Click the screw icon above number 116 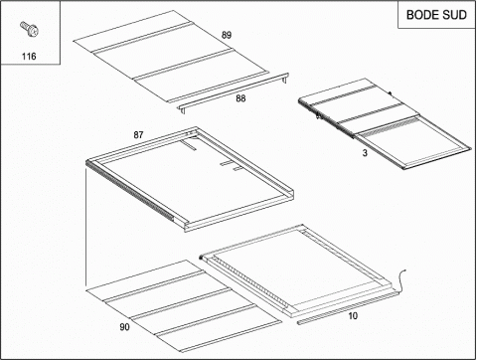click(29, 29)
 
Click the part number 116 click(29, 57)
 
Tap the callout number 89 click(227, 35)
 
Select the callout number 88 click(240, 98)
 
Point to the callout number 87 click(138, 135)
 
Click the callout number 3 click(365, 153)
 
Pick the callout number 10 click(353, 316)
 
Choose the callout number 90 click(124, 327)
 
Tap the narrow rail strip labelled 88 click(234, 91)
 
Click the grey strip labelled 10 click(346, 307)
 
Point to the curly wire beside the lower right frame click(401, 281)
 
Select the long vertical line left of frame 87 click(86, 227)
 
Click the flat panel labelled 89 click(171, 57)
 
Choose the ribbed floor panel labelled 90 click(184, 306)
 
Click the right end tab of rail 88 click(285, 78)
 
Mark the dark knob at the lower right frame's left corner click(201, 258)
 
